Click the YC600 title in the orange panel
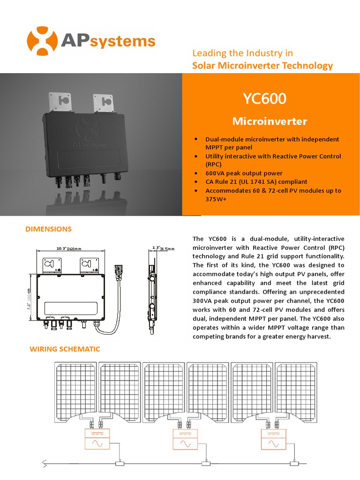(264, 99)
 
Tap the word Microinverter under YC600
(270, 121)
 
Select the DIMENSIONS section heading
(48, 229)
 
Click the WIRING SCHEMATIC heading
(65, 349)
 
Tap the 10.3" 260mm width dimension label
(68, 248)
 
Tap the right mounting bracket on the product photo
(103, 102)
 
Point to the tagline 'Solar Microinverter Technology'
(262, 66)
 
